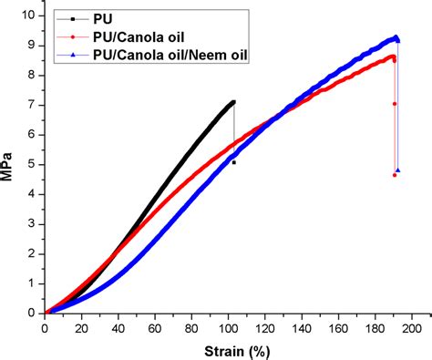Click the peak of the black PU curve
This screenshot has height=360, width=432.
pyautogui.click(x=233, y=102)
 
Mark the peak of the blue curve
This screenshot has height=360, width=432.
pyautogui.click(x=396, y=37)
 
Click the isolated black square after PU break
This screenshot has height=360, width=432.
pyautogui.click(x=234, y=162)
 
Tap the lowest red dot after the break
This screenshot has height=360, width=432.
pyautogui.click(x=395, y=174)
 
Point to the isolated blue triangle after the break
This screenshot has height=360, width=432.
pyautogui.click(x=398, y=170)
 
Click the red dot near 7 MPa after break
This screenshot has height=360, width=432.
pyautogui.click(x=395, y=104)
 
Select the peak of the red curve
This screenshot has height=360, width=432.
pyautogui.click(x=393, y=57)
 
